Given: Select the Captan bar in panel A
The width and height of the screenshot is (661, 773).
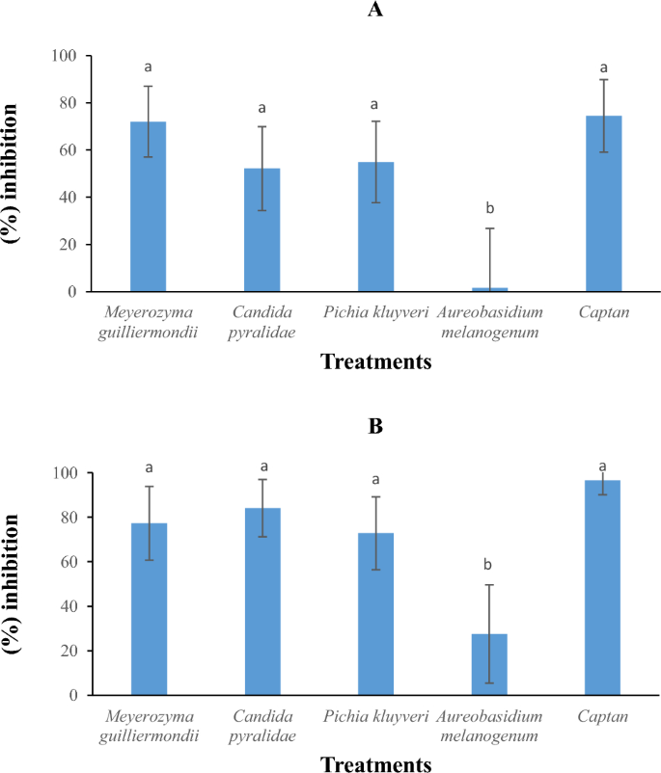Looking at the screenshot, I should (x=603, y=203).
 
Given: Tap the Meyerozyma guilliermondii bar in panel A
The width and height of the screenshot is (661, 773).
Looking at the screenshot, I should (x=148, y=206).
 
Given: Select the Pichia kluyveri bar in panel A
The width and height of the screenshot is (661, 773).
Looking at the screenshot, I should (x=375, y=227).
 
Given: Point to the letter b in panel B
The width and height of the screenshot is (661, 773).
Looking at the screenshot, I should (x=489, y=564).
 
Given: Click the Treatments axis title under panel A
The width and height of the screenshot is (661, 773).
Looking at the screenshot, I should (x=375, y=362).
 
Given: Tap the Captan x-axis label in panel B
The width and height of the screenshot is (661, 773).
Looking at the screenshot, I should (x=603, y=716).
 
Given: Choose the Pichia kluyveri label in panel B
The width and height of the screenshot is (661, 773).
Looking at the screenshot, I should (x=375, y=716).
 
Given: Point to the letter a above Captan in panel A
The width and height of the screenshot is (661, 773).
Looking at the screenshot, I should (x=603, y=67).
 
